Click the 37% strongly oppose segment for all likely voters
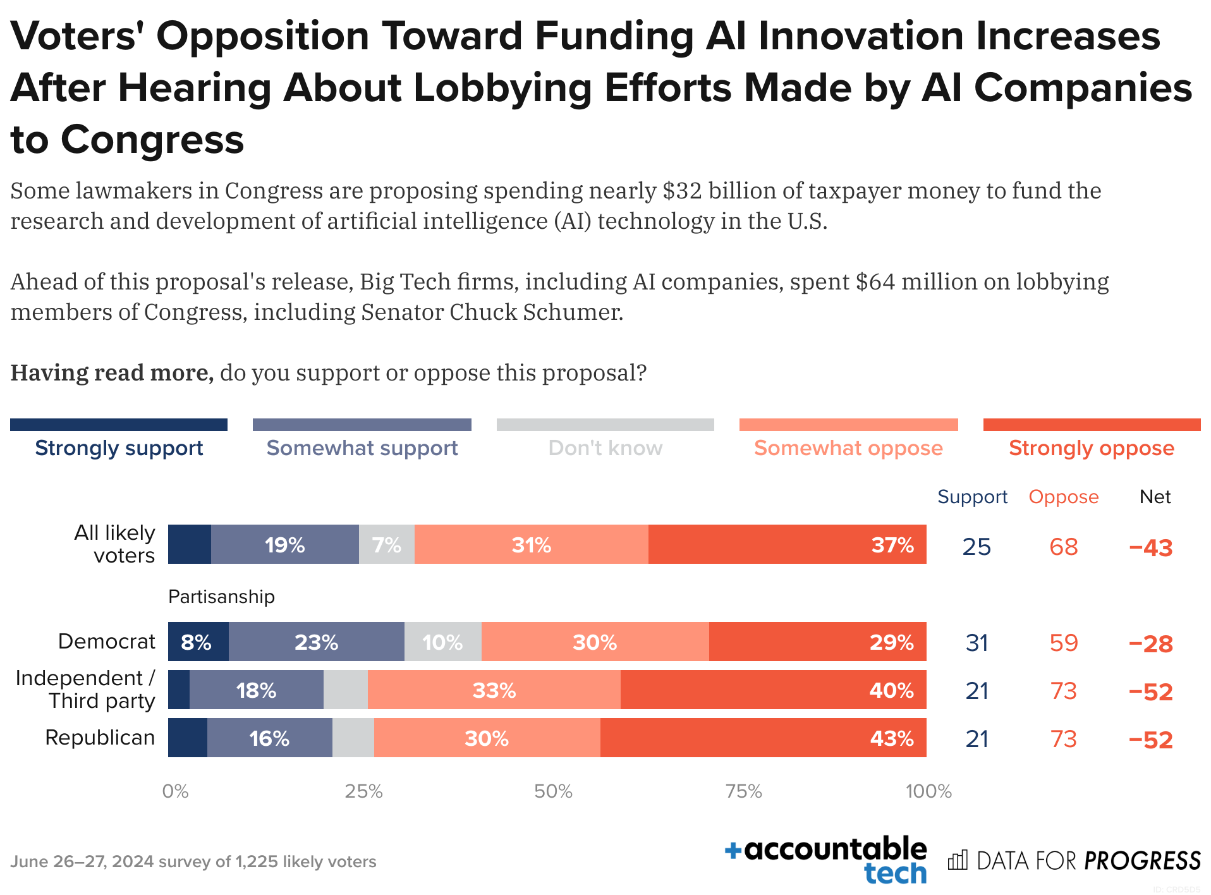coord(787,544)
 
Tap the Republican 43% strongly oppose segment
coord(763,738)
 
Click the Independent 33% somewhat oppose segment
coord(494,690)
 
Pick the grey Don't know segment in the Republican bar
coord(353,738)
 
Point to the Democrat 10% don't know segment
coord(442,642)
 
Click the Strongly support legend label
coord(119,447)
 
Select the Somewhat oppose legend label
coord(848,447)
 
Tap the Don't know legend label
coord(605,447)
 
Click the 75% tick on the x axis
coord(743,791)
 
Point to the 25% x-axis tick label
coord(363,791)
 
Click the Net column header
coord(1155,497)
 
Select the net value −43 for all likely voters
coord(1150,547)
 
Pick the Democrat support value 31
coord(977,643)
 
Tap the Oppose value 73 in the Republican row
coord(1063,739)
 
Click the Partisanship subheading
coord(221,597)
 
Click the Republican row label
coord(100,738)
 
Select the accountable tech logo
coord(826,860)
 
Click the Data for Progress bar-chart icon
coord(958,860)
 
